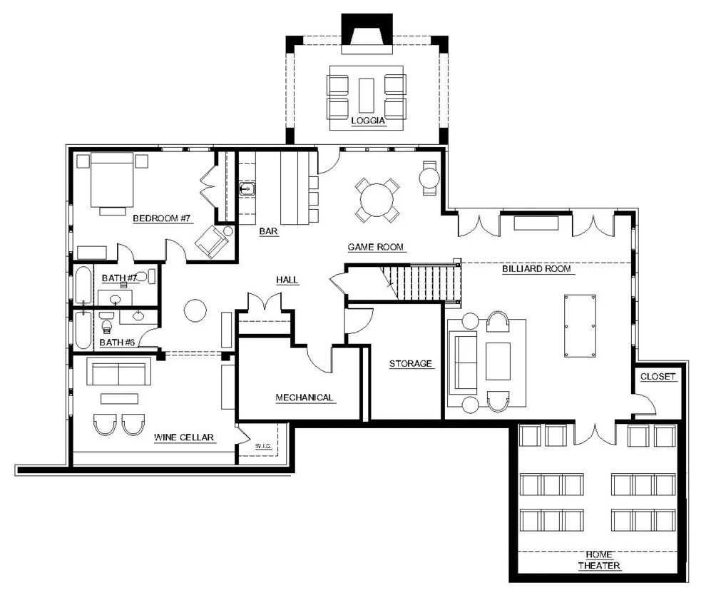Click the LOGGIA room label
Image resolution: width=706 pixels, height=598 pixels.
coord(368,121)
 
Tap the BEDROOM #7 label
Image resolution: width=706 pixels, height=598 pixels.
coord(162,218)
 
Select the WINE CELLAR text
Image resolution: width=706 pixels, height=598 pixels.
coord(184,437)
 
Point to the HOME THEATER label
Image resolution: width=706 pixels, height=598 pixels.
coord(599,560)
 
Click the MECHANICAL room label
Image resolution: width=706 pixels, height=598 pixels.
coord(305,397)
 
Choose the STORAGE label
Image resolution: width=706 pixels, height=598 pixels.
coord(411,364)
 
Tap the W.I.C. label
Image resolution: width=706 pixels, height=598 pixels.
coord(263,446)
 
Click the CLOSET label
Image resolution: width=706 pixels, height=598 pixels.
coord(658,376)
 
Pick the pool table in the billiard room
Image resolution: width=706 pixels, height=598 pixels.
coord(580,326)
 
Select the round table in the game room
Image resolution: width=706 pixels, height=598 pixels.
coord(377,200)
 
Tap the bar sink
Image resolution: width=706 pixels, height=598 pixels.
coord(247,188)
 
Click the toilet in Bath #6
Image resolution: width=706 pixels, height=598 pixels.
coord(107,323)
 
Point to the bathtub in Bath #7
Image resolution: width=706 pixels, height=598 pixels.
coord(83,284)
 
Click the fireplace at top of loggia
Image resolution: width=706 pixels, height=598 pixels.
coord(367,34)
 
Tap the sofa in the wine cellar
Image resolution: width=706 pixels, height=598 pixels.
coord(119,371)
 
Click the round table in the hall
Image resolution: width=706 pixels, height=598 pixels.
coord(195,310)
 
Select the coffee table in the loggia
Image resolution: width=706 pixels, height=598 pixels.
coord(367,96)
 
